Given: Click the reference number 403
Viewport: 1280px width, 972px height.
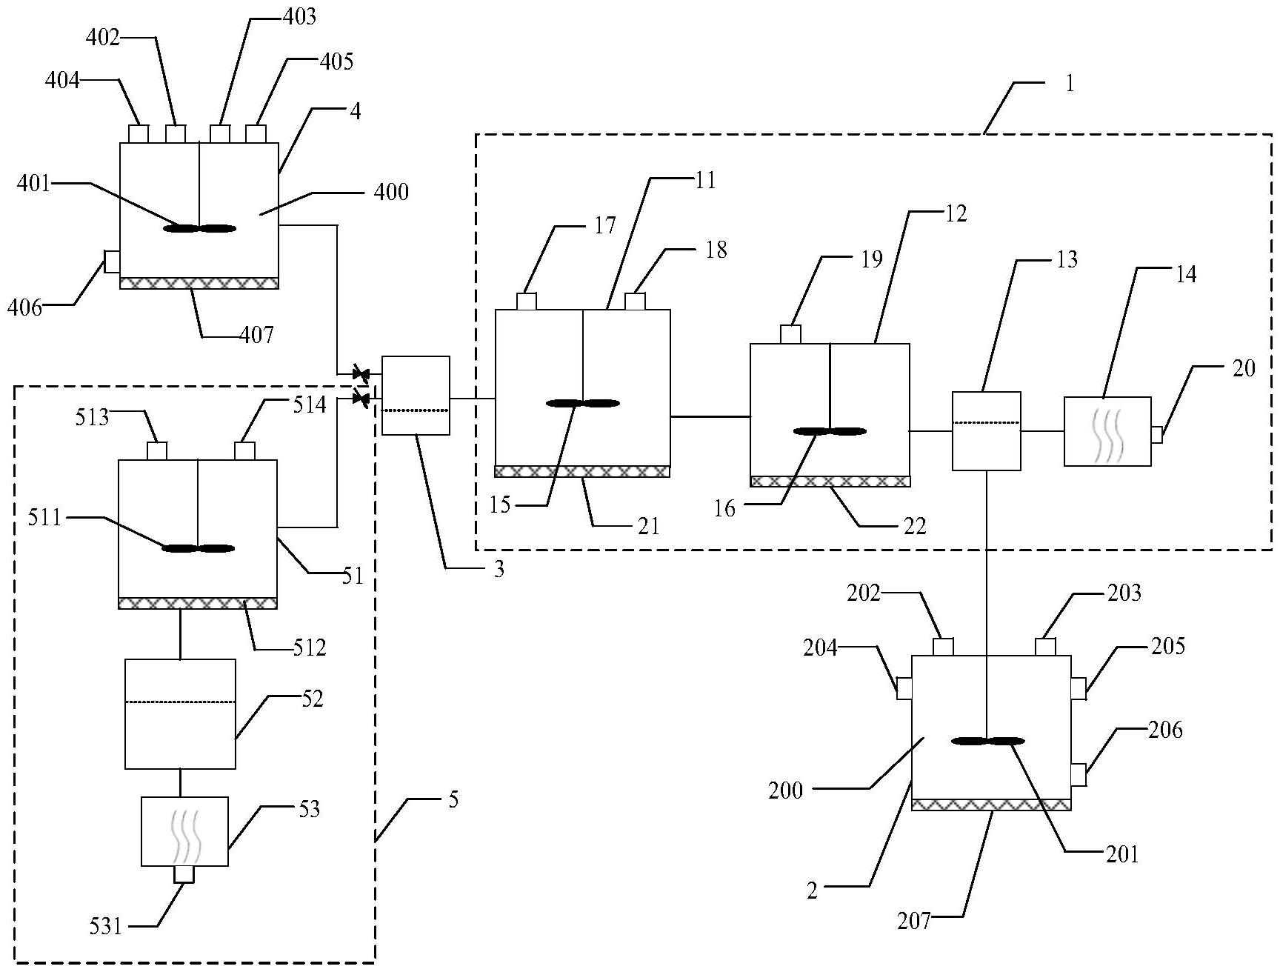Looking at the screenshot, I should point(299,17).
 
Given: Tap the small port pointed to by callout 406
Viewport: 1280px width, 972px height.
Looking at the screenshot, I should point(112,261).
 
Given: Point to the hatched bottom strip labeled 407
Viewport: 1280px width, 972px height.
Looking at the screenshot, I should point(199,283).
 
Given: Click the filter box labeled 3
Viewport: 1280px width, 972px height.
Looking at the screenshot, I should point(416,395).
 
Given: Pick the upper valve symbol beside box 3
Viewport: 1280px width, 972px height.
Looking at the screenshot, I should point(361,373).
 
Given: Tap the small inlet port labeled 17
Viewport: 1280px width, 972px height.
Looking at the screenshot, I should point(526,302).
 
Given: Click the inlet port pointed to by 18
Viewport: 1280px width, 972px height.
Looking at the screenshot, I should point(636,302).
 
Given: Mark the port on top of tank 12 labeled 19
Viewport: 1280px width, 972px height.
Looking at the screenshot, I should point(791,335).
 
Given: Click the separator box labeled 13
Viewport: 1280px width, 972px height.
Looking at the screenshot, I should point(986,430).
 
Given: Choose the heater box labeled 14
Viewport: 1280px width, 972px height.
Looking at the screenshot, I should point(1107,431).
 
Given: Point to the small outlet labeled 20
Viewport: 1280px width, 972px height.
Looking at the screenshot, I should point(1156,435).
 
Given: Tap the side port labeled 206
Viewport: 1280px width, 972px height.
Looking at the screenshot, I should point(1079,776).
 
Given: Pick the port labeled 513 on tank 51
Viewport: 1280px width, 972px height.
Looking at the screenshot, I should point(157,450).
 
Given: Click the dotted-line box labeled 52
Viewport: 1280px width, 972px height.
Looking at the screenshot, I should point(180,713).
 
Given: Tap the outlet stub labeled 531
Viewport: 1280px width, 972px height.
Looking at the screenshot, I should point(184,875).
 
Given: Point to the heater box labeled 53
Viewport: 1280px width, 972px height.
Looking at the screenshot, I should point(184,831).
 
